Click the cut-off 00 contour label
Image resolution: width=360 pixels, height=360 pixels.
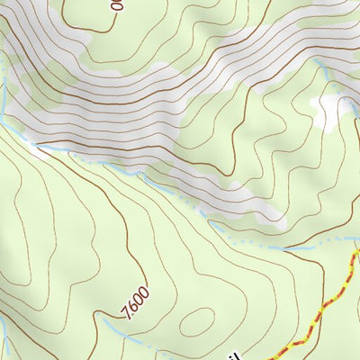[x=116, y=4]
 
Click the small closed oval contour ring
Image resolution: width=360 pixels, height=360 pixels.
[x=199, y=319]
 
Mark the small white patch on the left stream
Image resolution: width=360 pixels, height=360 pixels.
[x=38, y=149]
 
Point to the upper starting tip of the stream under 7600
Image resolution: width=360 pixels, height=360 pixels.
[x=103, y=316]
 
